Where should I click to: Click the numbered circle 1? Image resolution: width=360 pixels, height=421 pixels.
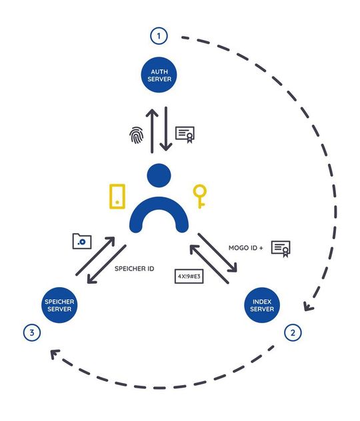pyautogui.click(x=159, y=36)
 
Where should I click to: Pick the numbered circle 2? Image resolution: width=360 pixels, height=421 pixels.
pyautogui.click(x=292, y=331)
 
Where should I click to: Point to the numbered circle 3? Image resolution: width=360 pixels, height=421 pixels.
pyautogui.click(x=30, y=331)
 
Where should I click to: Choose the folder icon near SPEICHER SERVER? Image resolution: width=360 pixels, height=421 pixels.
pyautogui.click(x=81, y=241)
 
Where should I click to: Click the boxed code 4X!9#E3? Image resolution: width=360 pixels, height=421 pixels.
pyautogui.click(x=190, y=274)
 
